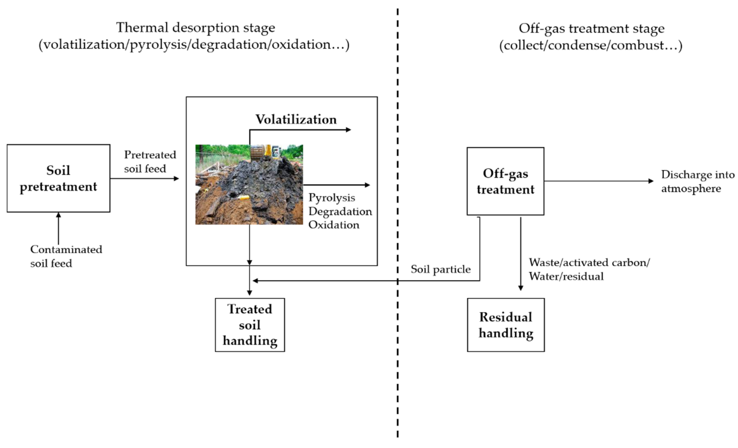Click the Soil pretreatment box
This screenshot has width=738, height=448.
[x=58, y=178]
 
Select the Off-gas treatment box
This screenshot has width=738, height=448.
[x=505, y=181]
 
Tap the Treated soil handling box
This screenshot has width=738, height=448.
[x=250, y=325]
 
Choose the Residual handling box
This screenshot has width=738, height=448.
[x=506, y=325]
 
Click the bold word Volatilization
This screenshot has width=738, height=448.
[x=296, y=119]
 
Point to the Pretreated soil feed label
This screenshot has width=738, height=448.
[x=150, y=162]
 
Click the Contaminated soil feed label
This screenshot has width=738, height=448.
[x=66, y=256]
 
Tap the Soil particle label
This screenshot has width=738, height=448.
[x=440, y=269]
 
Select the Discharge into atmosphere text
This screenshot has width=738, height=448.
[x=697, y=181]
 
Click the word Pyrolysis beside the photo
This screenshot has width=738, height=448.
[x=332, y=198]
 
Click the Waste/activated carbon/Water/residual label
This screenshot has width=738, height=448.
[x=589, y=269]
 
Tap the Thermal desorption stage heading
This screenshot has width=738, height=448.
[x=195, y=28]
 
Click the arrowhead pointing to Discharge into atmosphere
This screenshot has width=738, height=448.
[x=651, y=181]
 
